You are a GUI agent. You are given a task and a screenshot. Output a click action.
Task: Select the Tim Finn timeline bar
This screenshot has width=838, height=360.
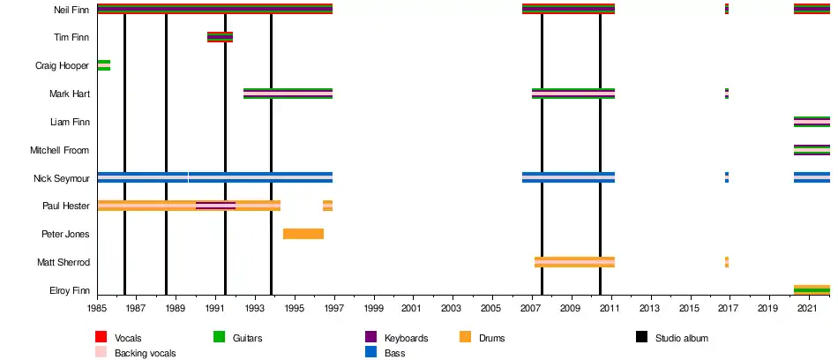220,37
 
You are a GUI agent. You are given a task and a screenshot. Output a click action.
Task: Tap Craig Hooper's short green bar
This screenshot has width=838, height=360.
103,65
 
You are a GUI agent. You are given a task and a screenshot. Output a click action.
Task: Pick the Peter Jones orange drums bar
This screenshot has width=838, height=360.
303,234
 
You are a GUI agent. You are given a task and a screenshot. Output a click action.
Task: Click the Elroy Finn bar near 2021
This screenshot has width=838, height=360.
812,289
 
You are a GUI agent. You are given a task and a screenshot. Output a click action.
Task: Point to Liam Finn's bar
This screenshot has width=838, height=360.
812,122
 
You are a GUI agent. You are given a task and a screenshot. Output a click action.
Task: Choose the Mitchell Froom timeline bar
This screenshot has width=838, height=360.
812,150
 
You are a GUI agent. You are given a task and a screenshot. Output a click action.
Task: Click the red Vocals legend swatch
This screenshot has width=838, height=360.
101,337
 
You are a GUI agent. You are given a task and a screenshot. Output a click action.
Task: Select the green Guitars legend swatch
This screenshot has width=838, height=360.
220,337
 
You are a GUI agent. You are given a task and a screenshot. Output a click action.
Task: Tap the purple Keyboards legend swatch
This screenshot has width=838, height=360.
370,337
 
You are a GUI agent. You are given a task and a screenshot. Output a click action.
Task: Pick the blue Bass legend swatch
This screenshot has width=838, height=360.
370,352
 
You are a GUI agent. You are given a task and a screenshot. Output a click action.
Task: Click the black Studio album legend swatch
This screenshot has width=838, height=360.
641,337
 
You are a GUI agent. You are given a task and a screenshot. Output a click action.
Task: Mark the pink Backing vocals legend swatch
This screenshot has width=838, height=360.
101,352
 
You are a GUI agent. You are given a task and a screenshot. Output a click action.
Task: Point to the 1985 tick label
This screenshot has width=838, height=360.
97,309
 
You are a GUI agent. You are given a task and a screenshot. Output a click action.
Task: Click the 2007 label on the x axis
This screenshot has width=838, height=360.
532,309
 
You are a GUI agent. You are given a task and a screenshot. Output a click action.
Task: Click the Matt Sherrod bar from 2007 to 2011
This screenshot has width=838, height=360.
574,262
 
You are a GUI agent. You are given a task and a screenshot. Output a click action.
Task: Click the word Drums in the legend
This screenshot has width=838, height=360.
491,338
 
